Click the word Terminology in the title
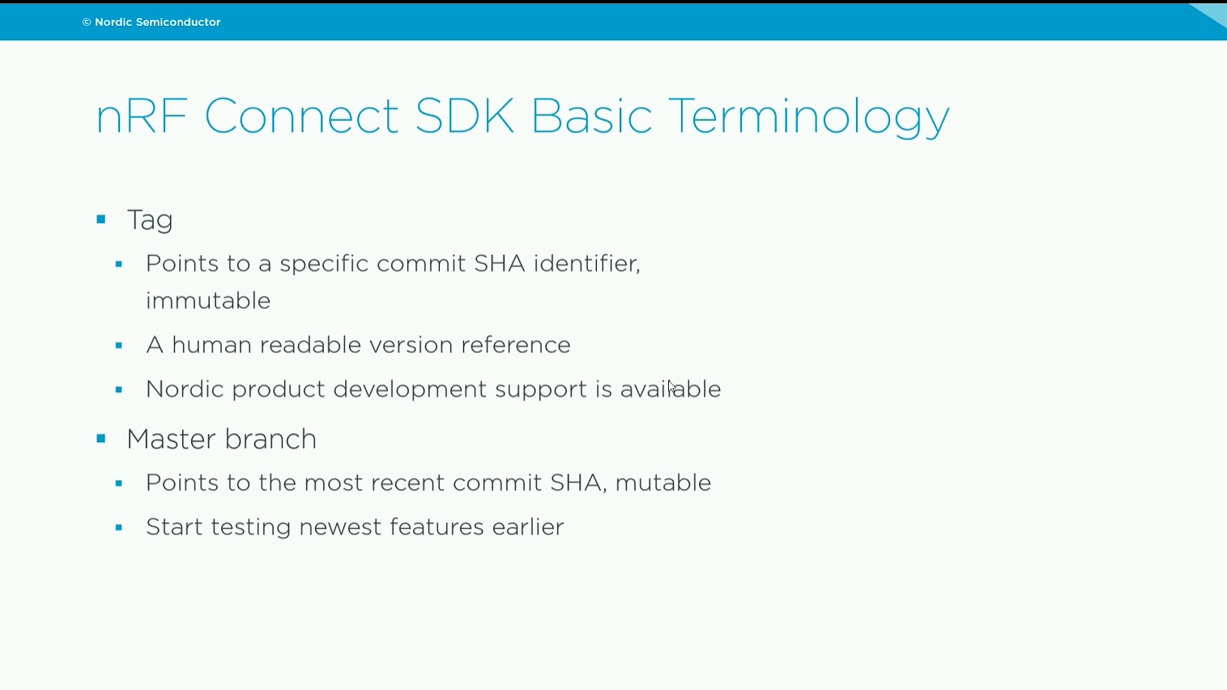click(x=808, y=117)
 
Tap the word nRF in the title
click(x=141, y=116)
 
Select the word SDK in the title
click(x=465, y=115)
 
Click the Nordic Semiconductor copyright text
click(x=151, y=22)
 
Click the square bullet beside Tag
click(x=100, y=219)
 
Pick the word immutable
click(x=208, y=300)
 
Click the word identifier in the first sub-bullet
click(x=586, y=264)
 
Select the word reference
click(x=515, y=345)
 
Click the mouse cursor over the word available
click(x=672, y=386)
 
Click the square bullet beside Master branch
click(x=100, y=439)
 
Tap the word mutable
click(x=662, y=483)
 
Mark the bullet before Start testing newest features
click(x=119, y=528)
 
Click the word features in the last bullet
click(x=437, y=527)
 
